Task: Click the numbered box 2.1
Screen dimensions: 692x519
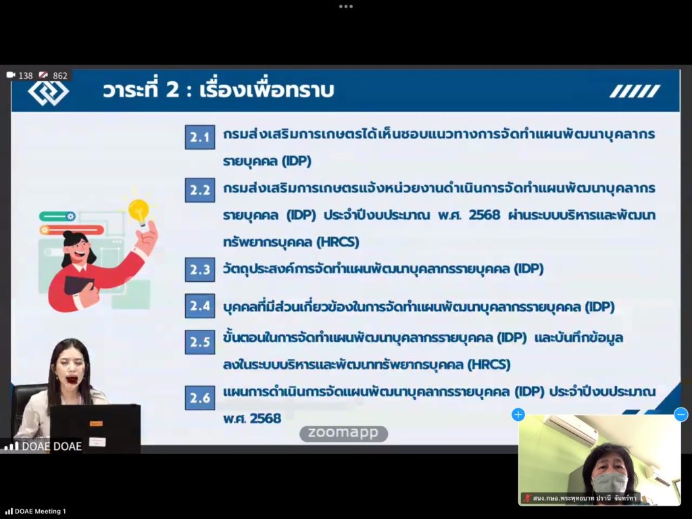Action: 200,137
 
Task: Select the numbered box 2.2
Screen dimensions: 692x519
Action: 200,190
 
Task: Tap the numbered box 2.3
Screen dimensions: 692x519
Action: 200,269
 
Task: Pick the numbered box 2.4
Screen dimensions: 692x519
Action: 200,305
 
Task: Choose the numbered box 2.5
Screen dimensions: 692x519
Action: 200,341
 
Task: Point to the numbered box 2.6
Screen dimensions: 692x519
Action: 200,397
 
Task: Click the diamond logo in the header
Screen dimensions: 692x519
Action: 48,91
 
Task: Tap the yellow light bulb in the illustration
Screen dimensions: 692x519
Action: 139,212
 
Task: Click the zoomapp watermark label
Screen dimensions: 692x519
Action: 343,433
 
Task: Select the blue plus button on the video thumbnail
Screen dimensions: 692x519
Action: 518,414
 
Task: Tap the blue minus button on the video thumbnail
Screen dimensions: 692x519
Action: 681,414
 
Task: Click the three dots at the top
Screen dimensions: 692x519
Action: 346,7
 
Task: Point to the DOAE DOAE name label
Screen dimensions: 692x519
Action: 51,446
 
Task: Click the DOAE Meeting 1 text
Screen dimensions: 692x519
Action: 40,511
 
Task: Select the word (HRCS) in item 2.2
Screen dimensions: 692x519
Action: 338,243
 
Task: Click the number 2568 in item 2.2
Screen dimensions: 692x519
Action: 485,215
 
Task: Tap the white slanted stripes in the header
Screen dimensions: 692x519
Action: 635,91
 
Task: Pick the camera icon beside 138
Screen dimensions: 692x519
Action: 11,75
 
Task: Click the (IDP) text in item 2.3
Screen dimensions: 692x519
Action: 528,269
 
